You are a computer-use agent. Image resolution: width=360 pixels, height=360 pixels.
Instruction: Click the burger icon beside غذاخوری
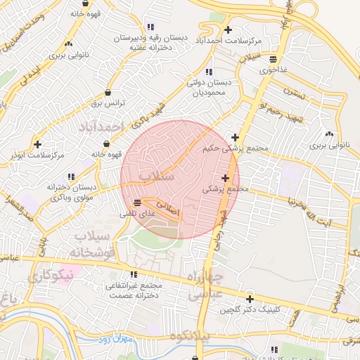click(x=282, y=59)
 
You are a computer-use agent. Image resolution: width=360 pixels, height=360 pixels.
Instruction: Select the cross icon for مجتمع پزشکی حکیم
click(x=235, y=137)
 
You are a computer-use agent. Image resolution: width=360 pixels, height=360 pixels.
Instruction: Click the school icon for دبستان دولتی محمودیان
click(x=208, y=72)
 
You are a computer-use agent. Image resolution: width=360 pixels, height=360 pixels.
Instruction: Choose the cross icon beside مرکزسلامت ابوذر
click(x=37, y=144)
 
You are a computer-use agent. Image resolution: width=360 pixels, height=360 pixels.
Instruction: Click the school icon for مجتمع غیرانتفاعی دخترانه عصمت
click(x=134, y=275)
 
